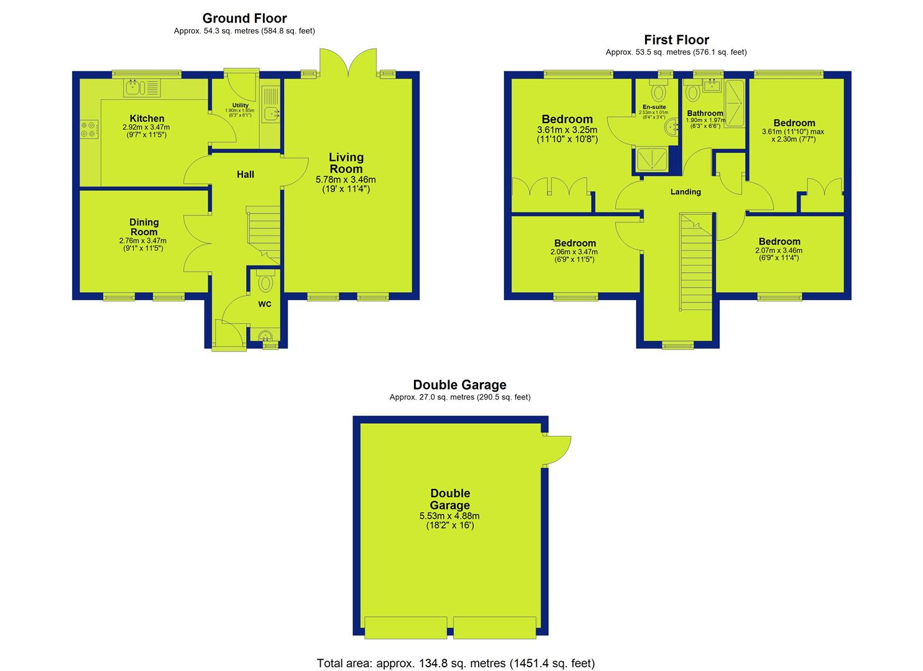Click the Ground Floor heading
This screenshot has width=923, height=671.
pyautogui.click(x=244, y=18)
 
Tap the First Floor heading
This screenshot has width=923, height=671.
pyautogui.click(x=676, y=40)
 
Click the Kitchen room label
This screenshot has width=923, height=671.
pyautogui.click(x=147, y=118)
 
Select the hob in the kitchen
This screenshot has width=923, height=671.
pyautogui.click(x=89, y=129)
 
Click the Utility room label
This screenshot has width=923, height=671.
pyautogui.click(x=240, y=105)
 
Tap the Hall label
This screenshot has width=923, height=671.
pyautogui.click(x=245, y=174)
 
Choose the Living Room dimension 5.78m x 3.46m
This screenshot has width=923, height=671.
pyautogui.click(x=346, y=180)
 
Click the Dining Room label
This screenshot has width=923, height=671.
pyautogui.click(x=144, y=227)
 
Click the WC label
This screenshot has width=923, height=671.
pyautogui.click(x=265, y=304)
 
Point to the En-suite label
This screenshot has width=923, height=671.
pyautogui.click(x=654, y=107)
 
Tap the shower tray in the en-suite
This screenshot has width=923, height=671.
pyautogui.click(x=652, y=159)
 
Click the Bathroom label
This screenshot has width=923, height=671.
pyautogui.click(x=705, y=113)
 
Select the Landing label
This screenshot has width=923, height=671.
pyautogui.click(x=685, y=191)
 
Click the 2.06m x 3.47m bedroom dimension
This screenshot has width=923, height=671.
pyautogui.click(x=574, y=252)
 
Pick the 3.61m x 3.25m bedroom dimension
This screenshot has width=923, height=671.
pyautogui.click(x=567, y=130)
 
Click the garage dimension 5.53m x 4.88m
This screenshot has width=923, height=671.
pyautogui.click(x=449, y=516)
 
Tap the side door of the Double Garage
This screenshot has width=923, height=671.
pyautogui.click(x=557, y=450)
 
